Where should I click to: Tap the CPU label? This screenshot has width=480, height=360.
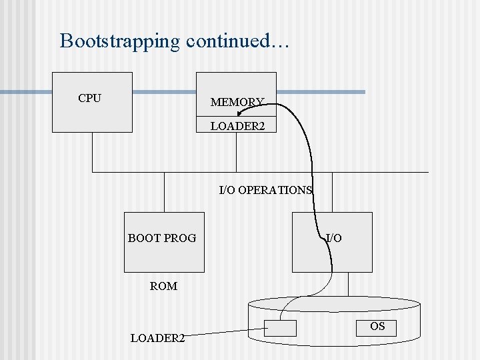pos(89,99)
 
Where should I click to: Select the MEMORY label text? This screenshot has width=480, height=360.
pos(237,102)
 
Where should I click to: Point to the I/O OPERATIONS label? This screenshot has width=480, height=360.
pos(265,190)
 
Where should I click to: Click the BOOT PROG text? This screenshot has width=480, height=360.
pos(162,238)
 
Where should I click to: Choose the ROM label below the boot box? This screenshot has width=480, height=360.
pos(163,286)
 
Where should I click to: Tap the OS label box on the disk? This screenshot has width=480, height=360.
pos(377,327)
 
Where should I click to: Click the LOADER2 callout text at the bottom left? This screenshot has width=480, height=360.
pos(157,338)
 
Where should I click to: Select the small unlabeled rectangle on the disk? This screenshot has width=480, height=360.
pos(280,328)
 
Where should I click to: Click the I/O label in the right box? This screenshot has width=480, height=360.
pos(334,238)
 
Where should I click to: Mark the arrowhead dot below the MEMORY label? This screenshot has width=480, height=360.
pos(239,113)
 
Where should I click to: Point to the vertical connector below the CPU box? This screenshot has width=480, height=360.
pos(93,152)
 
